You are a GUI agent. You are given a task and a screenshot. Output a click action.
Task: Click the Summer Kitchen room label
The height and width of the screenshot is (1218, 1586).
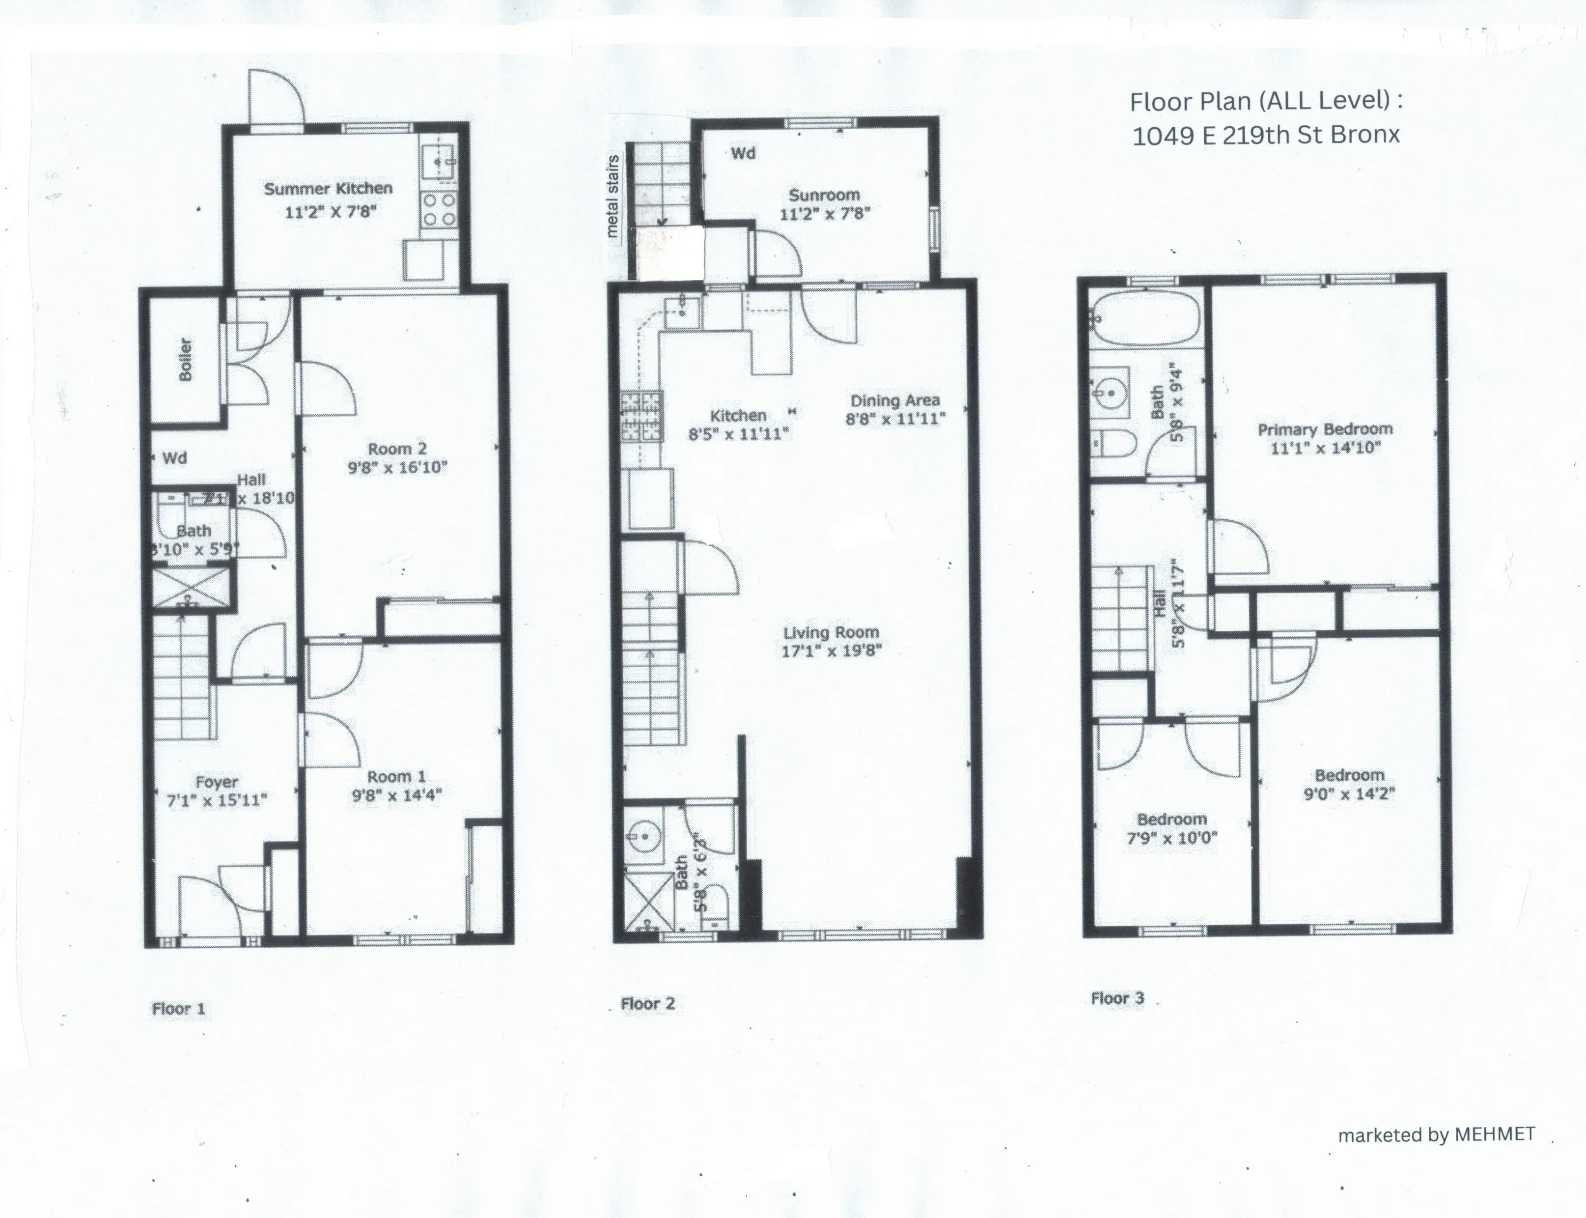(x=329, y=189)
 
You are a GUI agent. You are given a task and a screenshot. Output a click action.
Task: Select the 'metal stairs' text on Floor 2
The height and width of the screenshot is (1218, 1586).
(x=612, y=196)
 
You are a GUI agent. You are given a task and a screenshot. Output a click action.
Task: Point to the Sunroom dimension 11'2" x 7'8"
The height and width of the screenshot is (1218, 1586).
(x=824, y=214)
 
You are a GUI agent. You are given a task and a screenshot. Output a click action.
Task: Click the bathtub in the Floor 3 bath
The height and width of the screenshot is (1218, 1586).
(x=1145, y=317)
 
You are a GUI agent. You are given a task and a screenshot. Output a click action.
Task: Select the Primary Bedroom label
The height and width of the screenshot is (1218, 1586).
(x=1325, y=429)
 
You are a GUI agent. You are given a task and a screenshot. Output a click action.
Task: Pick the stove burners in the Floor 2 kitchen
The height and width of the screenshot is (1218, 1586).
(x=641, y=416)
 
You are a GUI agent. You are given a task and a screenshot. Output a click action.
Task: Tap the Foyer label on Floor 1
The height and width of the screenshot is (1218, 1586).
(x=216, y=782)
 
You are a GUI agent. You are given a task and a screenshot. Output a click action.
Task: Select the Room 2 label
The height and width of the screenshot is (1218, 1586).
(x=397, y=449)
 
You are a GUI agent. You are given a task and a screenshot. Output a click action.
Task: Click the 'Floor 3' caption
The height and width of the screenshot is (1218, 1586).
(x=1117, y=998)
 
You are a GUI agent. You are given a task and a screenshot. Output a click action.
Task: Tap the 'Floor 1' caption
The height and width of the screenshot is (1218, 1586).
(x=178, y=1009)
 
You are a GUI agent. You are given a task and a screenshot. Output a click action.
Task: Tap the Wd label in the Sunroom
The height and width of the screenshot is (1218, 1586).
(x=743, y=153)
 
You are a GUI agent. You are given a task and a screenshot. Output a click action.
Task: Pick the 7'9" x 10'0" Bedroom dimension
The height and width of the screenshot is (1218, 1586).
(x=1171, y=838)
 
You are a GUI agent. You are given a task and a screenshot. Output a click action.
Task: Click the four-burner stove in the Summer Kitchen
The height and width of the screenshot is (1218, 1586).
(x=439, y=209)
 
